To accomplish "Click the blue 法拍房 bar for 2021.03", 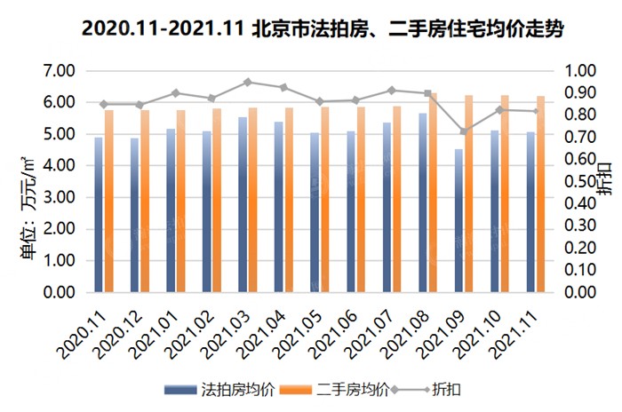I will pyautogui.click(x=242, y=205).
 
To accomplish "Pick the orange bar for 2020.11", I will pyautogui.click(x=109, y=202).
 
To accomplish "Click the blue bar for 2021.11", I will pyautogui.click(x=530, y=212).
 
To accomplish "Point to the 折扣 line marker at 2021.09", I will pyautogui.click(x=463, y=131).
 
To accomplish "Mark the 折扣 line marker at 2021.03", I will pyautogui.click(x=248, y=82).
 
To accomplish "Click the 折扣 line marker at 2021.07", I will pyautogui.click(x=391, y=90).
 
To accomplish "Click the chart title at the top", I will pyautogui.click(x=311, y=28).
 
